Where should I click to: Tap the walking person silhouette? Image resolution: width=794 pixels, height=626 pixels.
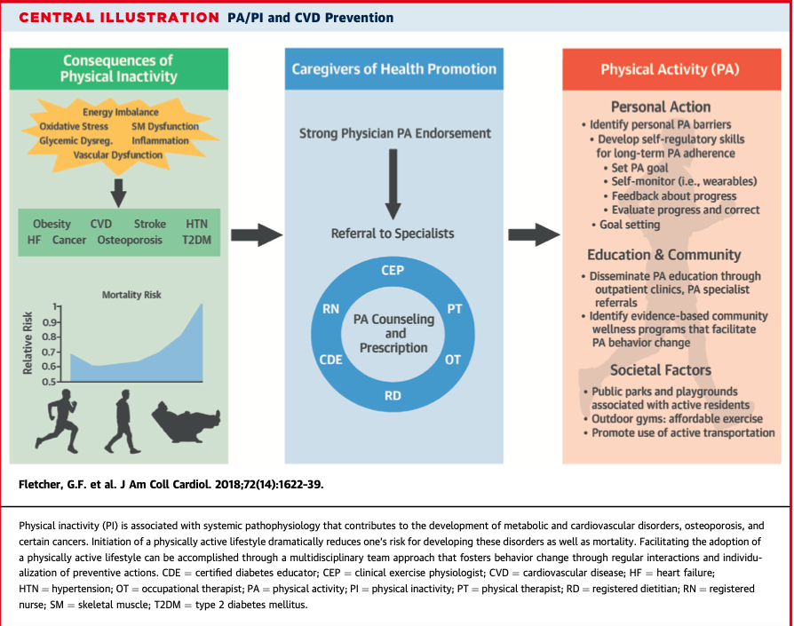[x=122, y=422]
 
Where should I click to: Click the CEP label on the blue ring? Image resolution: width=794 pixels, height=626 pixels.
[x=393, y=270]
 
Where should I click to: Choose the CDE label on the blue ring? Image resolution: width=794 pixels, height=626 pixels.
[x=331, y=361]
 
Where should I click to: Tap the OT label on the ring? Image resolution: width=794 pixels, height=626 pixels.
[x=453, y=361]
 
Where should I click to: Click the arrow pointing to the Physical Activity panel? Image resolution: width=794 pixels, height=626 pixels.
[x=533, y=234]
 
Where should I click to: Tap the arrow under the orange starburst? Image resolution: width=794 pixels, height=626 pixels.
[x=118, y=187]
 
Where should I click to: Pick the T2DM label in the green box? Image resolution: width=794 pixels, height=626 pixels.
[x=195, y=241]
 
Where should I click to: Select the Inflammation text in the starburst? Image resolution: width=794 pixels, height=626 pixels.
[x=160, y=140]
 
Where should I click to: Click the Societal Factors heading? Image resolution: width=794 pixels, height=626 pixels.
[x=661, y=370]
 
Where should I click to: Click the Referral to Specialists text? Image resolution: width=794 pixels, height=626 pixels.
[x=393, y=234]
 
